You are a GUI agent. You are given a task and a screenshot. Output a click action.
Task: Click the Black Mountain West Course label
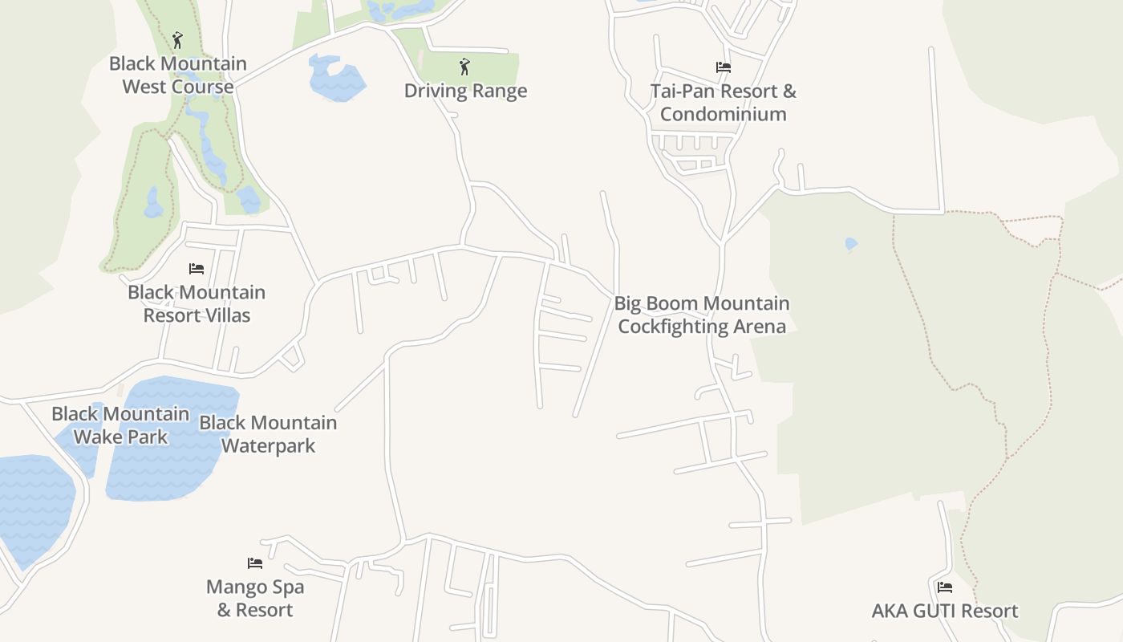178,75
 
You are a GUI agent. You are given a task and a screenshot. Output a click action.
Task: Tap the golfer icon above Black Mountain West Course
177,39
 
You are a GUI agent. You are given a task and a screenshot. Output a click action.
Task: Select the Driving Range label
465,91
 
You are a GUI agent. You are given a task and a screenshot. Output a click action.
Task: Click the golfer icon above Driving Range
464,67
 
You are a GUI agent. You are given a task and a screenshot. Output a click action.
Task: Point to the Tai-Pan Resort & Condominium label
724,102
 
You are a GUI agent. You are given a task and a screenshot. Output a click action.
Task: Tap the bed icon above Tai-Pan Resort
724,67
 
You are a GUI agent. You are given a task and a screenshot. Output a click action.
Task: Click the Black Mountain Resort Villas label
197,303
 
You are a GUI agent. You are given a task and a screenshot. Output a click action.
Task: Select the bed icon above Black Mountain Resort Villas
197,268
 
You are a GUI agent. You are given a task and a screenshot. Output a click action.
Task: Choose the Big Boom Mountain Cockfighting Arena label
702,315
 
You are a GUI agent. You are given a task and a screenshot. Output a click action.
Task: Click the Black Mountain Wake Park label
120,425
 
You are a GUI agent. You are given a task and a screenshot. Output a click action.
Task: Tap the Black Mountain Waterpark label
268,433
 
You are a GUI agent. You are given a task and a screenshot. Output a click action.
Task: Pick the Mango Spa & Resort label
255,598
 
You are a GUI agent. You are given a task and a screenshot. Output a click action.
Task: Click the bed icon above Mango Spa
255,563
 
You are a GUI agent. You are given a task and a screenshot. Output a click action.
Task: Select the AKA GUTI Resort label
945,611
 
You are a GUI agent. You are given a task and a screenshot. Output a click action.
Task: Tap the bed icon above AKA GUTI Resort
945,587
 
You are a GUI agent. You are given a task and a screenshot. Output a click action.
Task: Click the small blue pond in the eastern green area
851,243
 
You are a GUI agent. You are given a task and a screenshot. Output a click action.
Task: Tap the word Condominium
724,114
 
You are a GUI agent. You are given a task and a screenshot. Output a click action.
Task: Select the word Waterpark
268,445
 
